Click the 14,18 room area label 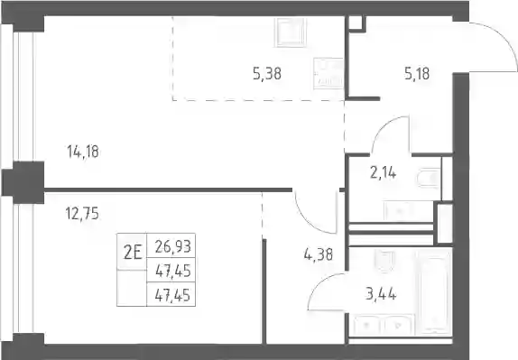(x=83, y=152)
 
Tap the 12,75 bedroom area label (x=82, y=214)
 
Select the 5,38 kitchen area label (x=267, y=74)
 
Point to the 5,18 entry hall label (x=417, y=74)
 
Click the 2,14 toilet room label (x=384, y=172)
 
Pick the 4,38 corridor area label (x=319, y=255)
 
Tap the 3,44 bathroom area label (x=381, y=294)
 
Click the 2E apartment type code (x=133, y=253)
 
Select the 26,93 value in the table (x=173, y=246)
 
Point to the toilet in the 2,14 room (x=429, y=179)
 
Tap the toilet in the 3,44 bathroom (x=384, y=260)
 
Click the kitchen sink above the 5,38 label (x=290, y=32)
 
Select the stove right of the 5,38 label (x=328, y=73)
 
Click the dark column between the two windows (x=23, y=182)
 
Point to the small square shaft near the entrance (x=356, y=23)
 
